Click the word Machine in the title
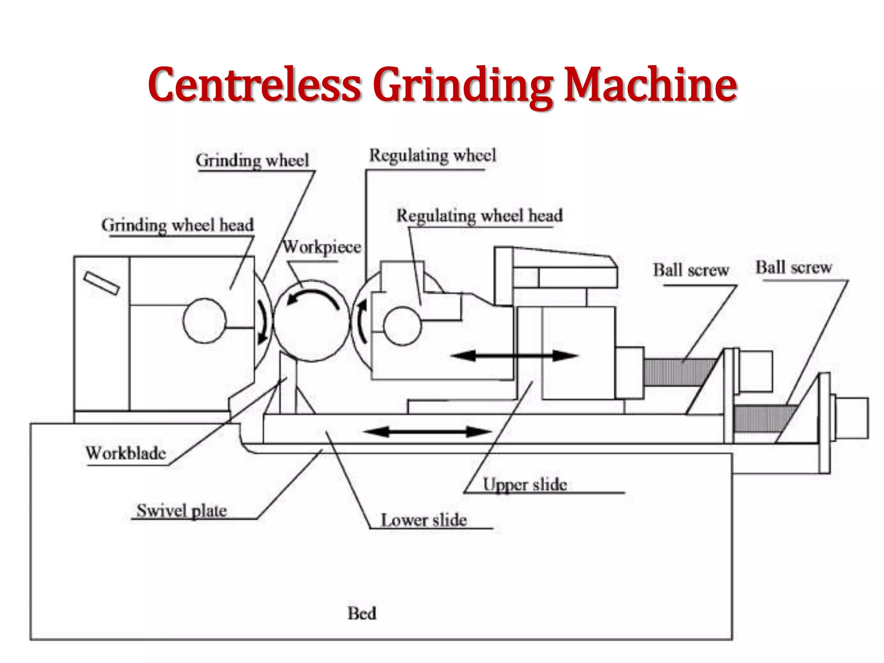click(x=650, y=85)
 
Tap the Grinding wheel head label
click(x=177, y=225)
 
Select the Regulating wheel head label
click(x=480, y=215)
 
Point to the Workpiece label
click(x=322, y=247)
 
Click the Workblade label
click(x=126, y=453)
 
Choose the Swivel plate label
click(x=182, y=511)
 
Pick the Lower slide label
click(x=423, y=520)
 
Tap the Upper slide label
click(x=524, y=485)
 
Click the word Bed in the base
click(x=362, y=613)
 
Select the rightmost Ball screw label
click(x=793, y=268)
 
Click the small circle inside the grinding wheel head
click(x=204, y=321)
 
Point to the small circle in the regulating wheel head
click(x=402, y=326)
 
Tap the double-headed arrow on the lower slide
click(x=427, y=431)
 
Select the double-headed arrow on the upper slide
click(x=514, y=356)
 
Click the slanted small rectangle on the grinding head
click(x=101, y=284)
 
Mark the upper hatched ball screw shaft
click(x=678, y=372)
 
